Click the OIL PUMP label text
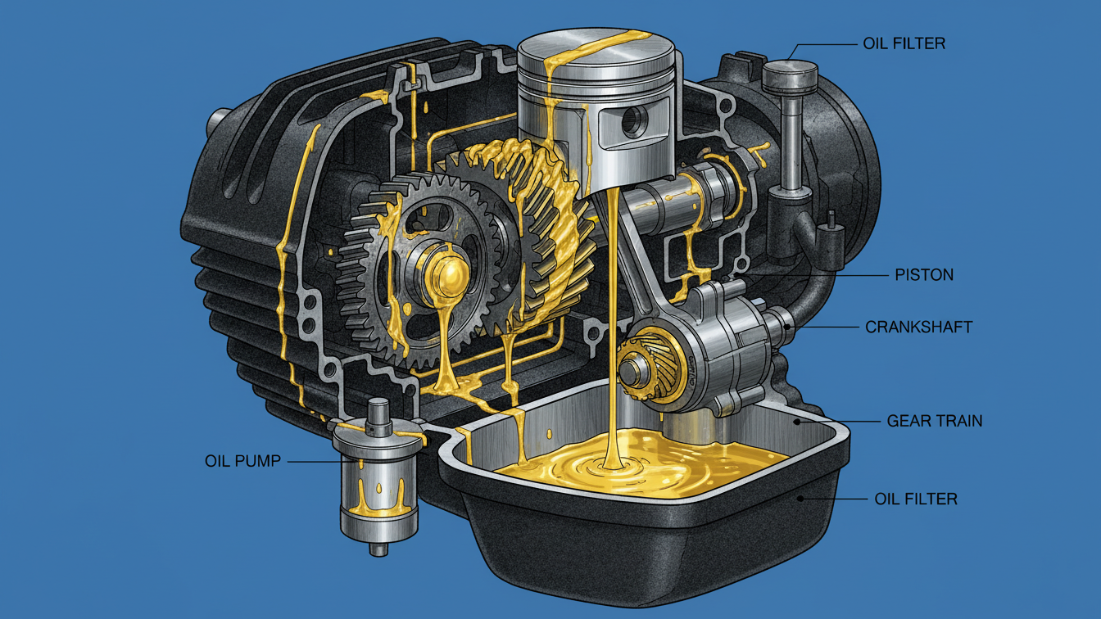(242, 461)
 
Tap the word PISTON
(924, 274)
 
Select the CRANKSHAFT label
(918, 328)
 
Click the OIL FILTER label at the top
(904, 43)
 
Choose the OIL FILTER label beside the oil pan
(916, 499)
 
